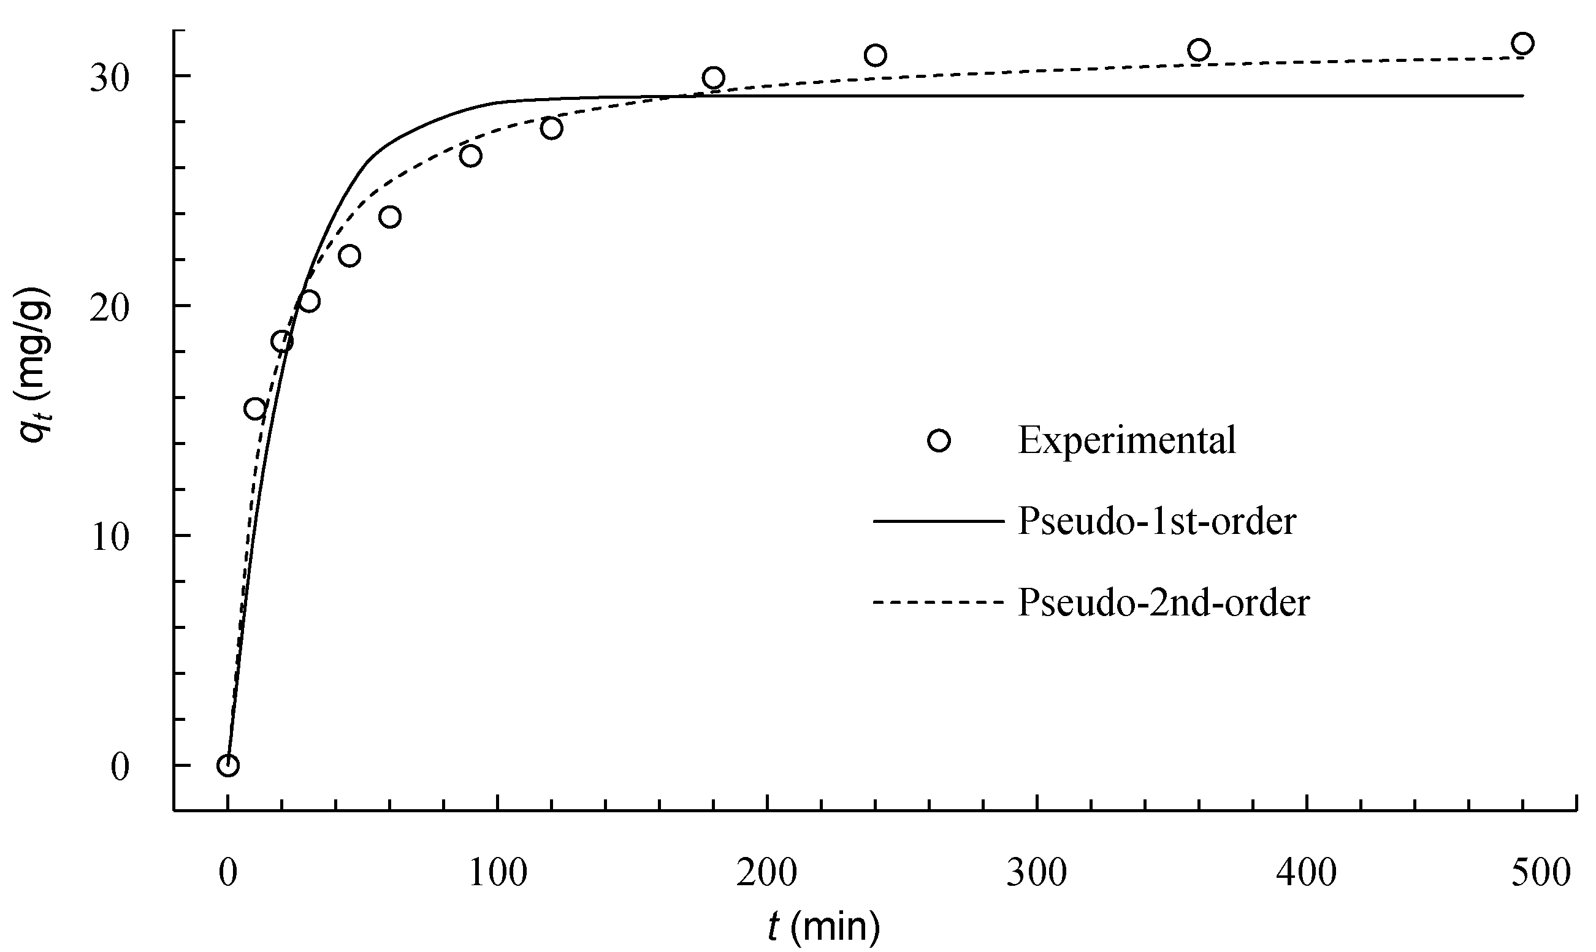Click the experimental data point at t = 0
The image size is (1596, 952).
[x=227, y=765]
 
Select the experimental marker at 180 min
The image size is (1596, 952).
[x=713, y=78]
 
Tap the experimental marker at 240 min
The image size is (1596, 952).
[x=875, y=55]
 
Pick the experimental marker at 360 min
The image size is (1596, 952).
[x=1198, y=50]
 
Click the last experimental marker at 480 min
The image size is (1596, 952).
[x=1522, y=44]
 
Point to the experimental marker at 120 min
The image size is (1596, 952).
[x=552, y=128]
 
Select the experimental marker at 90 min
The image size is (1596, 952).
[x=471, y=156]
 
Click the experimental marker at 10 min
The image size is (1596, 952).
[x=255, y=409]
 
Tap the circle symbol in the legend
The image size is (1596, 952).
[x=939, y=441]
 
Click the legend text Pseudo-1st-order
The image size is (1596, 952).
[x=1157, y=522]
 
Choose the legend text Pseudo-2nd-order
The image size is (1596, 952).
[x=1164, y=603]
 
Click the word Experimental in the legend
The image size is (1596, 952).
[x=1126, y=441]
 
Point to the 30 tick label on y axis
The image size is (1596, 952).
[x=110, y=78]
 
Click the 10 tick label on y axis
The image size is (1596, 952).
[x=110, y=537]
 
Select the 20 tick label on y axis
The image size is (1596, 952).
[x=110, y=308]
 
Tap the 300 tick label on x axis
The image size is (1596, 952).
[x=1037, y=872]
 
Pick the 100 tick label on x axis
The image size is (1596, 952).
[x=497, y=872]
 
